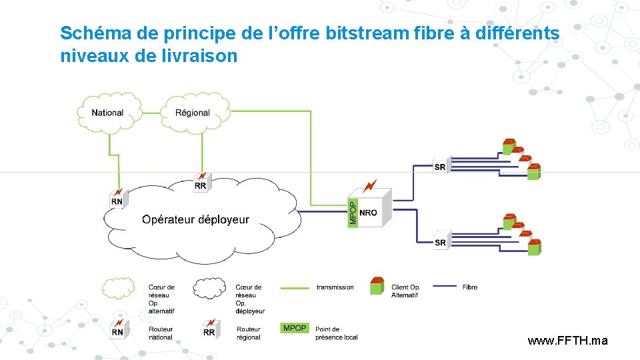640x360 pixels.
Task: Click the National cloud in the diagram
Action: (108, 113)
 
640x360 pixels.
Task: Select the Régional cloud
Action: (193, 113)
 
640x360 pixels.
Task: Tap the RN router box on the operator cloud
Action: (117, 200)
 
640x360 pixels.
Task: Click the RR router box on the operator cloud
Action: (201, 185)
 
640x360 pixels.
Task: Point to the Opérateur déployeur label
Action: (195, 219)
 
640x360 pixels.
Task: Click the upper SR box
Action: (440, 167)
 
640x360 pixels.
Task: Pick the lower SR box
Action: (440, 242)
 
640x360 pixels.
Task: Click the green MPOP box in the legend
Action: (295, 328)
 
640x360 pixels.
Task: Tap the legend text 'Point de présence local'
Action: (336, 333)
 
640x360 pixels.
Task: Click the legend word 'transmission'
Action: (335, 287)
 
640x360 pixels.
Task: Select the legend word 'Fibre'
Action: (470, 287)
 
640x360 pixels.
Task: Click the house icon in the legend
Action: (377, 285)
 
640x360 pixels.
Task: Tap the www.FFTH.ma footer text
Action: (567, 341)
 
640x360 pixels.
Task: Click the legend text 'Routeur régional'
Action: (249, 333)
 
